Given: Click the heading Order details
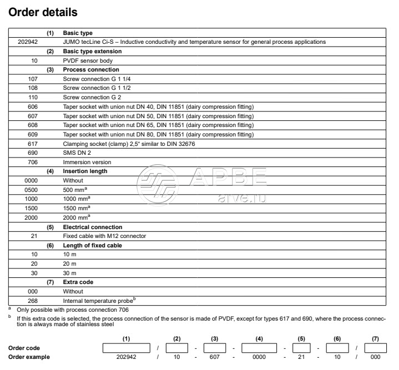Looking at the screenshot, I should (43, 11).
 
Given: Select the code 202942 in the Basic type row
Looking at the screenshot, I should (27, 42).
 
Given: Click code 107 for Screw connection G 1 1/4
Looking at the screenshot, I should (33, 79).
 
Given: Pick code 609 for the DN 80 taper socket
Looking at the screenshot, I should (33, 134).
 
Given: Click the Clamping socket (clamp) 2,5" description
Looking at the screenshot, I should (129, 144).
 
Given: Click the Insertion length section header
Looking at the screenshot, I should (85, 171).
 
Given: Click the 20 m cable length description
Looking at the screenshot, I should (70, 264).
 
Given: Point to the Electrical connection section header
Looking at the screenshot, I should (92, 227).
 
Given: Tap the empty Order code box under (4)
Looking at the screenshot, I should (259, 348).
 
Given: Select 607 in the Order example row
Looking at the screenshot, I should (213, 358).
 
